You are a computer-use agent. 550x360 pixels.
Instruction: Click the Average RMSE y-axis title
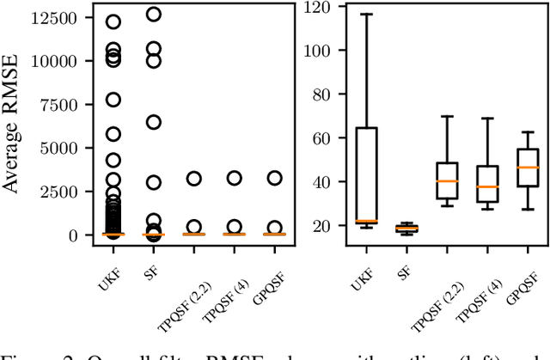(x=13, y=124)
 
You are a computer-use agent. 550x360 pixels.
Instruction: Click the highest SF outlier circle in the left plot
(x=153, y=14)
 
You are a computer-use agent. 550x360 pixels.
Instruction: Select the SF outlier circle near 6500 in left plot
(x=153, y=122)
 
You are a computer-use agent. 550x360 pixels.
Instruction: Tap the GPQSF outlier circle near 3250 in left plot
(x=274, y=178)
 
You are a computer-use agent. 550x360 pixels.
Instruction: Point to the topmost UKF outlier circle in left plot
(x=113, y=21)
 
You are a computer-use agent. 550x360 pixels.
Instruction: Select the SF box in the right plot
(x=406, y=229)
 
